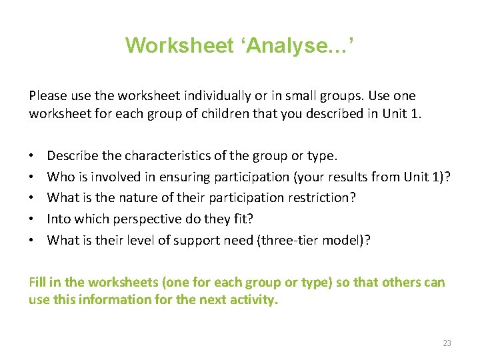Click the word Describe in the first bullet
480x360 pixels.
point(72,156)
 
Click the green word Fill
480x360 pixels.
point(38,282)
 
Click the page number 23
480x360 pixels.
point(447,343)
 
